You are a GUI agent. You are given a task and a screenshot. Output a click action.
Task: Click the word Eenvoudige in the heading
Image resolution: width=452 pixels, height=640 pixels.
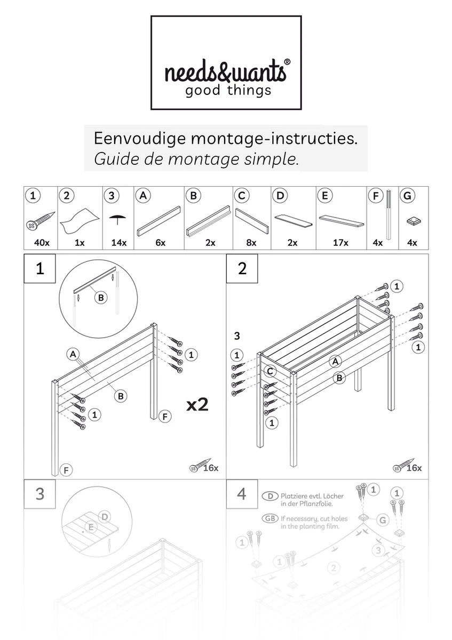[x=139, y=139]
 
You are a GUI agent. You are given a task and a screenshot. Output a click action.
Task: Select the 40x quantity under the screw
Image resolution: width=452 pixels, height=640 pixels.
[x=41, y=243]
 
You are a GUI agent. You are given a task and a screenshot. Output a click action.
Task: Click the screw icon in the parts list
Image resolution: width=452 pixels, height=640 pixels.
[x=41, y=221]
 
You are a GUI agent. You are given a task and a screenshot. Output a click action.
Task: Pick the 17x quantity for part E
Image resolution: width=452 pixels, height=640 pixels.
[x=340, y=243]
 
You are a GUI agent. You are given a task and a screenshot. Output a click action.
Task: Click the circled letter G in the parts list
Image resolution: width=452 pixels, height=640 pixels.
[x=408, y=196]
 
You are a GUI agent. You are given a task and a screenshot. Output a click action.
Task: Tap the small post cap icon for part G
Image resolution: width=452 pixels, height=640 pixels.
[x=412, y=221]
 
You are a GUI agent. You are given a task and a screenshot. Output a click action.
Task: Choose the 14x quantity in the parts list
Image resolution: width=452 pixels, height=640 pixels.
[x=118, y=243]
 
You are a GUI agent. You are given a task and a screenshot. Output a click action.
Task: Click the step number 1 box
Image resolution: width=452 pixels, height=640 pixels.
[x=39, y=269]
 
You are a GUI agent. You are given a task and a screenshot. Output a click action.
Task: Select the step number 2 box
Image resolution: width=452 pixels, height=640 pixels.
[x=242, y=269]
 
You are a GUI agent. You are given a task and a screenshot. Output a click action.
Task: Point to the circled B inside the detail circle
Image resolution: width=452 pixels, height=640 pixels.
[x=100, y=298]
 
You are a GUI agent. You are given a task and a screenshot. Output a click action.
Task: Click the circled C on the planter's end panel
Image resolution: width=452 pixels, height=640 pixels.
[x=271, y=371]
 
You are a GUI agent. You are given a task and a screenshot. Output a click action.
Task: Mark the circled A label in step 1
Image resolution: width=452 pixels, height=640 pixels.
[x=73, y=353]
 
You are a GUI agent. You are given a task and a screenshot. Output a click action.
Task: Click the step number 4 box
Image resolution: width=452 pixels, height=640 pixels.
[x=242, y=494]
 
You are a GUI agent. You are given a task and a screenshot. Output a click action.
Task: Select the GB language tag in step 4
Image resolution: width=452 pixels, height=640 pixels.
[x=269, y=518]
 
